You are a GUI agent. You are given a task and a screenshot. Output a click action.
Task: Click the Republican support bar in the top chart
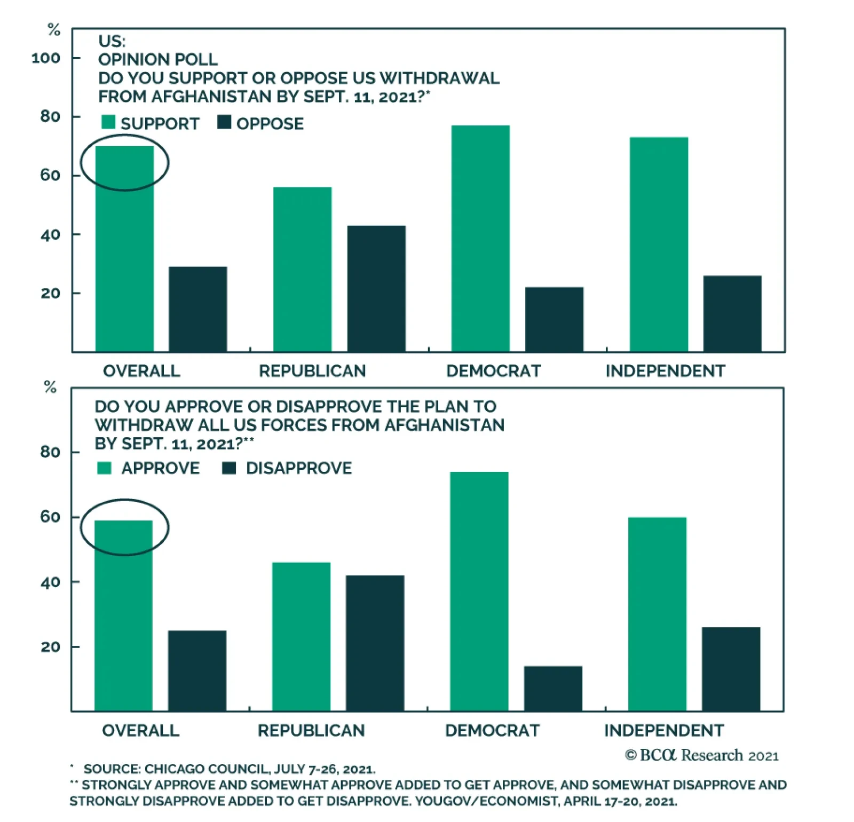pyautogui.click(x=302, y=270)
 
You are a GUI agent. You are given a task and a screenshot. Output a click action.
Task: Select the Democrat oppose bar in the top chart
pyautogui.click(x=554, y=319)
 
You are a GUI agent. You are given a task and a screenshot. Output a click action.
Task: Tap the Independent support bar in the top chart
pyautogui.click(x=659, y=244)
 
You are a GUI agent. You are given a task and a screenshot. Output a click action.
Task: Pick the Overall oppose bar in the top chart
pyautogui.click(x=197, y=309)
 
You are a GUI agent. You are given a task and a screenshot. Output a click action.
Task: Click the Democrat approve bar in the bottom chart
pyautogui.click(x=479, y=591)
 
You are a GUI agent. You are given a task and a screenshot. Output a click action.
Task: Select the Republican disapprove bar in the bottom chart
pyautogui.click(x=375, y=643)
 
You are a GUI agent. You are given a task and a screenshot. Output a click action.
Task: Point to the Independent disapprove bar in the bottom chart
pyautogui.click(x=731, y=669)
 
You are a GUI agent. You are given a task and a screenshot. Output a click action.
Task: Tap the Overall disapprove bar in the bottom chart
pyautogui.click(x=197, y=670)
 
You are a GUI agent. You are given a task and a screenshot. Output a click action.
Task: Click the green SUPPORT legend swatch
pyautogui.click(x=108, y=122)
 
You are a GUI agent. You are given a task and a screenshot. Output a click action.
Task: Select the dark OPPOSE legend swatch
pyautogui.click(x=224, y=122)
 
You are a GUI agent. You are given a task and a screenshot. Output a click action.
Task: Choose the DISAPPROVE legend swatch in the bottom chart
pyautogui.click(x=229, y=468)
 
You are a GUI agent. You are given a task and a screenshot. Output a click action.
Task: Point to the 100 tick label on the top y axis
pyautogui.click(x=46, y=58)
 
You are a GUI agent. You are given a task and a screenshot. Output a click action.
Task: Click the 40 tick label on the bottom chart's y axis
pyautogui.click(x=50, y=582)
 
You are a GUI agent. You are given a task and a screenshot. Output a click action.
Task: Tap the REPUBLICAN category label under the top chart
pyautogui.click(x=312, y=371)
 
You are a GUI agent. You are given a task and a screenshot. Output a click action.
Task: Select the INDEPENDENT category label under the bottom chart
pyautogui.click(x=663, y=730)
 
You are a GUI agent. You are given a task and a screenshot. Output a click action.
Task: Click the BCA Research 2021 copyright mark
pyautogui.click(x=701, y=755)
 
